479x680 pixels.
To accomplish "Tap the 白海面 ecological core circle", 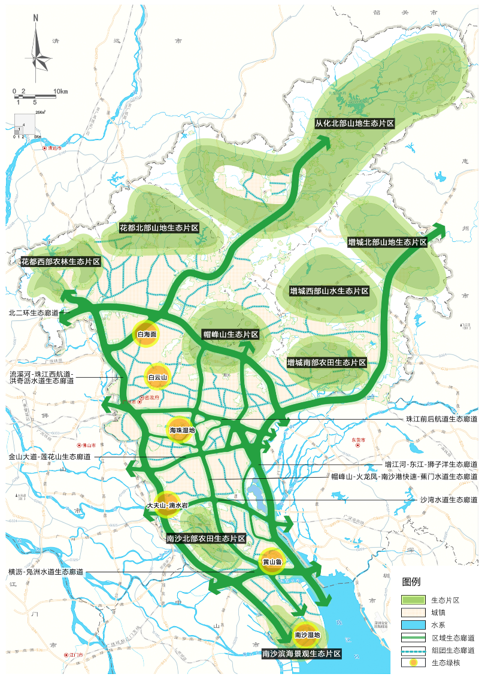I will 147,335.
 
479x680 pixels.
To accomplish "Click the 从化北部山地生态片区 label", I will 354,123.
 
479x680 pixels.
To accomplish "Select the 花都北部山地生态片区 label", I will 159,228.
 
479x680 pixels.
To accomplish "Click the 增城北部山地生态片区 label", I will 387,242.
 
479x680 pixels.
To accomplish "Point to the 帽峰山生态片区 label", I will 231,335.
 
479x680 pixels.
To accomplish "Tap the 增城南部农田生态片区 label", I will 326,363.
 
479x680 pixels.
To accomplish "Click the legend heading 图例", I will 411,582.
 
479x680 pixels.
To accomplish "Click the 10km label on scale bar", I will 61,91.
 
